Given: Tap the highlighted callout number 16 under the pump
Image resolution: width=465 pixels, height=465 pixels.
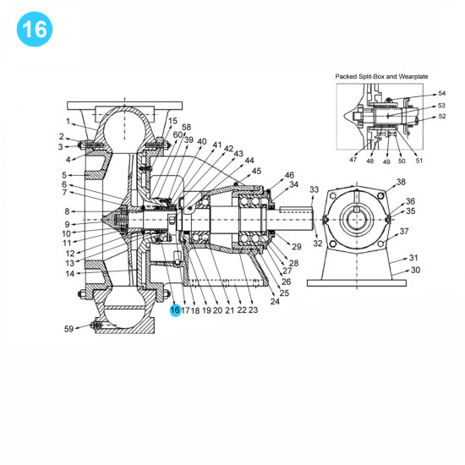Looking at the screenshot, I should click(x=175, y=310).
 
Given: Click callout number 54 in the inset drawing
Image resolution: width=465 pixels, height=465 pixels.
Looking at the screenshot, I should click(x=441, y=94).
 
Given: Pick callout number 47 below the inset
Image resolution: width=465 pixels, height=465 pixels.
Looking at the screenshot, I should click(x=353, y=159).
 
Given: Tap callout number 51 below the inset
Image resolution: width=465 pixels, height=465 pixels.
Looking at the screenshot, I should click(x=419, y=159).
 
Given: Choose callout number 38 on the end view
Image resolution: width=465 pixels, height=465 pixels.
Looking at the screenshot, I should click(x=401, y=182).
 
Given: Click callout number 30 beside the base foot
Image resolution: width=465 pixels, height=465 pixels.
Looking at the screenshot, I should click(x=414, y=271).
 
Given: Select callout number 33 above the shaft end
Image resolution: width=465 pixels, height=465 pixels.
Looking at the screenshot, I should click(x=315, y=189).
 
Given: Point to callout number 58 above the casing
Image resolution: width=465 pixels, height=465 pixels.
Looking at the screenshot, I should click(x=186, y=127).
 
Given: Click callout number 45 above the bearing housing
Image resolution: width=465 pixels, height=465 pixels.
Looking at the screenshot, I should click(x=256, y=171).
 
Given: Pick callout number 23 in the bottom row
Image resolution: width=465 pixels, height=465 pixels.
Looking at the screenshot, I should click(x=253, y=310).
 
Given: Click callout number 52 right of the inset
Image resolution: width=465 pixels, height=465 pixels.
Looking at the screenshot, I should click(x=441, y=118).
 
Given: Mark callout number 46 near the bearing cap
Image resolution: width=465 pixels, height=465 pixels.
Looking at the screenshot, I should click(x=289, y=174).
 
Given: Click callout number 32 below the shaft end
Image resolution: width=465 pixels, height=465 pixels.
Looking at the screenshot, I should click(x=318, y=243).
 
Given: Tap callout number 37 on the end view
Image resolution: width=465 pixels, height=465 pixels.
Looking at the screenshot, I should click(x=404, y=231).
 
